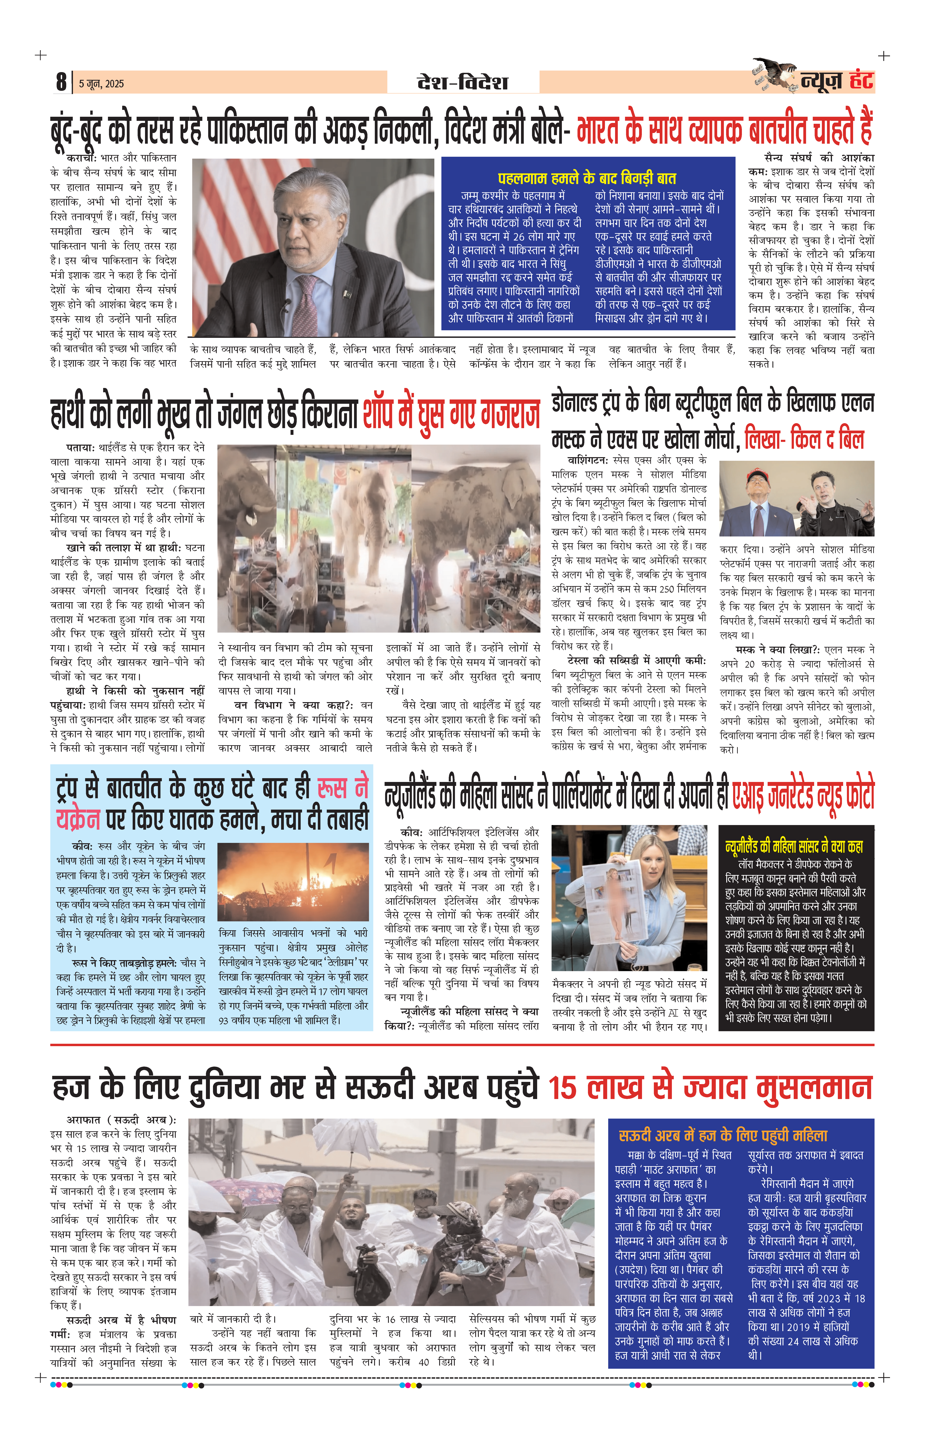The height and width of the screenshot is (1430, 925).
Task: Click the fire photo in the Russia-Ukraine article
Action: click(x=292, y=882)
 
